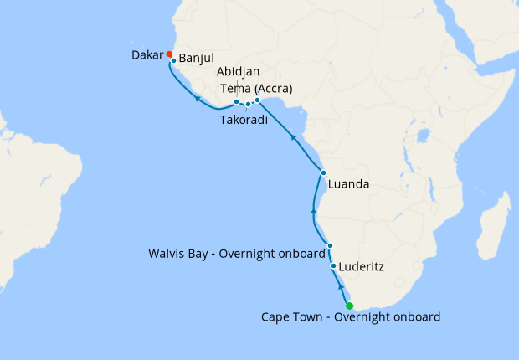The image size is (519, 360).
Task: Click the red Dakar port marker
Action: tap(169, 55)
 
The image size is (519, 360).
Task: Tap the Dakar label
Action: tap(148, 56)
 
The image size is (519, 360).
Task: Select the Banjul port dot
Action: tap(173, 61)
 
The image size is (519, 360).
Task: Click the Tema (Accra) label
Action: tap(255, 88)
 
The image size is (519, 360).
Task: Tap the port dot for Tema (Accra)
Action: tap(258, 100)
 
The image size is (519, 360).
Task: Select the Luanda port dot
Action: tap(323, 173)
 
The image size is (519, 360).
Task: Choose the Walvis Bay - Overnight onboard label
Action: tap(235, 253)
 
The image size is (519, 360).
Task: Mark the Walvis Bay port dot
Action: tap(331, 245)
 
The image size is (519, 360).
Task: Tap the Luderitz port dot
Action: tap(334, 266)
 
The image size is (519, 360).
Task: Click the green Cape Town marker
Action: tap(350, 306)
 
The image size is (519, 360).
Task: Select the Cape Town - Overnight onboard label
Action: tap(351, 317)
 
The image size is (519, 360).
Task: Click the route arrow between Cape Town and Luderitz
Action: tap(341, 287)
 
